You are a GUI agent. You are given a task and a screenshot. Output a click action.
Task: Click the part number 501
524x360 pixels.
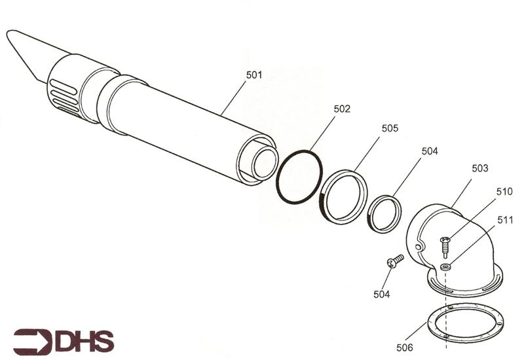click(x=254, y=75)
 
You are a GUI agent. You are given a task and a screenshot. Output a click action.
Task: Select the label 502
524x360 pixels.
click(x=342, y=109)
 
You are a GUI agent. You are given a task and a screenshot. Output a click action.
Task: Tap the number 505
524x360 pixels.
click(x=390, y=128)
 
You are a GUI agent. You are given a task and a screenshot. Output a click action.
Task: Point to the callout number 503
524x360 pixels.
click(x=479, y=168)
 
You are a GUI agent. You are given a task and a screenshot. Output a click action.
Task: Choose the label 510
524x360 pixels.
click(x=504, y=192)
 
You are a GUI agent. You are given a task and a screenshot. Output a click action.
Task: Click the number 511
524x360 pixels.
click(x=504, y=221)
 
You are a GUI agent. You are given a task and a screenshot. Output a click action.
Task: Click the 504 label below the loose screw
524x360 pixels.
click(x=381, y=295)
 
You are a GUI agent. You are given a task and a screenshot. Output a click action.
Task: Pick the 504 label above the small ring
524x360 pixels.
click(x=430, y=151)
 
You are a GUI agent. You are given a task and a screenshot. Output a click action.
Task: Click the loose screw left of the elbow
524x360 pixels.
click(x=395, y=261)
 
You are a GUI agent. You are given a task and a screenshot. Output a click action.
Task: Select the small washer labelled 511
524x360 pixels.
click(x=445, y=266)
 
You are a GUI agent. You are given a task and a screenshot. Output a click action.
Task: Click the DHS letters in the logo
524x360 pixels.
click(x=85, y=341)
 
